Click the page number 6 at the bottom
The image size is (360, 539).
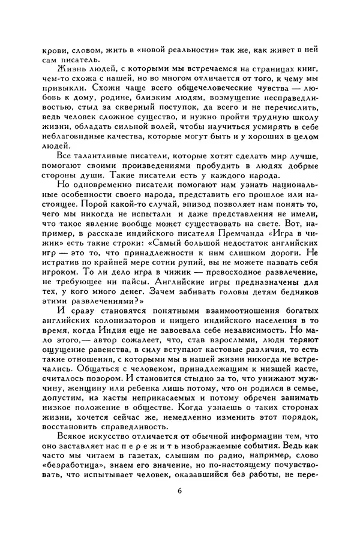(x=179, y=492)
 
